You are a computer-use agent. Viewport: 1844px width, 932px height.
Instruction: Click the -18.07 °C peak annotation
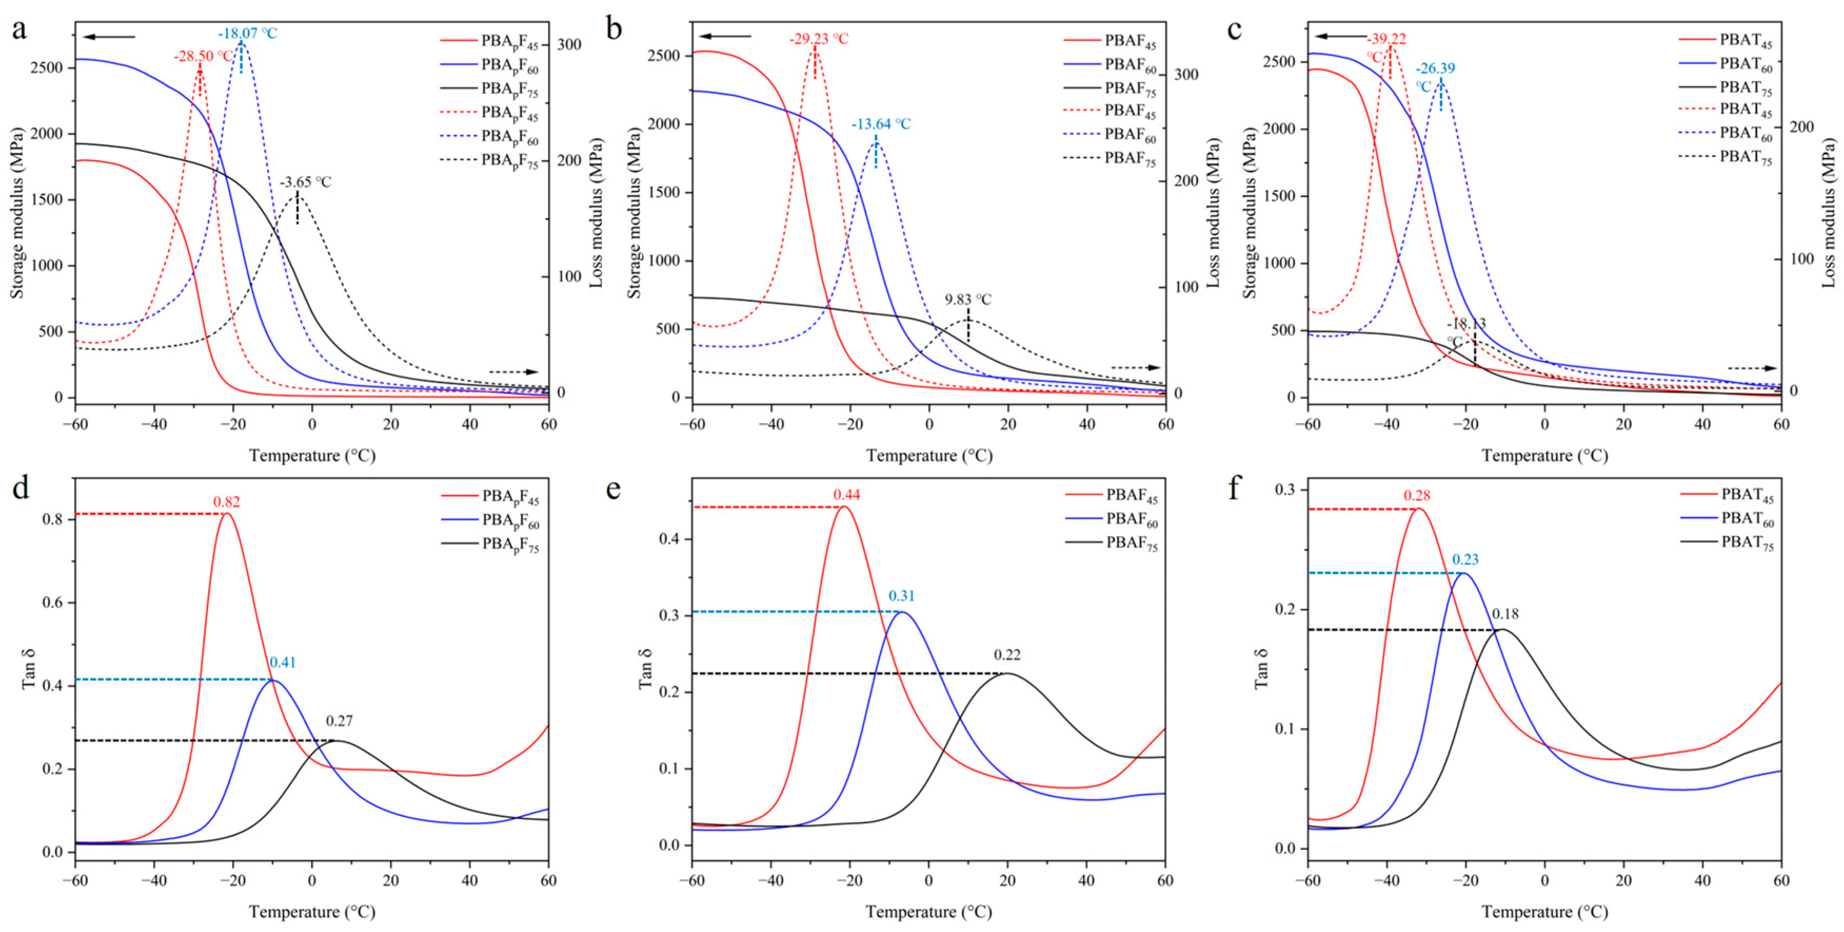click(x=247, y=33)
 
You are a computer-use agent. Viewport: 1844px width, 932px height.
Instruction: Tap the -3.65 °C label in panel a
click(x=305, y=182)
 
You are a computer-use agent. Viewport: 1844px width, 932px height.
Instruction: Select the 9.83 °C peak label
click(x=968, y=299)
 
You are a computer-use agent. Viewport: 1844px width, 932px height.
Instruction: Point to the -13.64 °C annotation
click(x=881, y=124)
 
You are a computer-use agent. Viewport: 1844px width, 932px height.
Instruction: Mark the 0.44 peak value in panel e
click(x=846, y=495)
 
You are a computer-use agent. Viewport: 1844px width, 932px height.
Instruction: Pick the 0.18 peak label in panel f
click(x=1505, y=614)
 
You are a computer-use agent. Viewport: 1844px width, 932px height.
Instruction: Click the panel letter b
click(x=614, y=30)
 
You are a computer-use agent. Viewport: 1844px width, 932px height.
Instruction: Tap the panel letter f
click(x=1233, y=489)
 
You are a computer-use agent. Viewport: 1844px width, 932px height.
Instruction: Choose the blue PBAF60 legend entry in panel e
click(x=1131, y=521)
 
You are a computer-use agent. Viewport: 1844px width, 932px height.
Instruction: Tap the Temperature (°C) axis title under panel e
click(x=928, y=912)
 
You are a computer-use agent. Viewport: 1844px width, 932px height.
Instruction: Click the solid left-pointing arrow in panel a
click(x=109, y=36)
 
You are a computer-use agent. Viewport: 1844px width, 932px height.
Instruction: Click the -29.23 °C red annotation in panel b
click(x=819, y=38)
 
